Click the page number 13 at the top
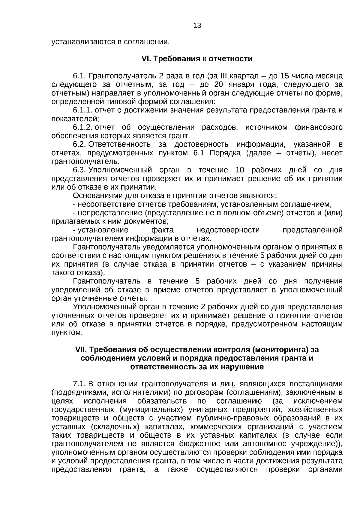tap(197, 26)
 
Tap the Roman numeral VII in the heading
tap(81, 350)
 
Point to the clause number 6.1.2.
tap(83, 127)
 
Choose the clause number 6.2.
tap(79, 145)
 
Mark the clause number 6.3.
tap(79, 170)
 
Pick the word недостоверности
tap(228, 230)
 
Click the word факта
tap(162, 230)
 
